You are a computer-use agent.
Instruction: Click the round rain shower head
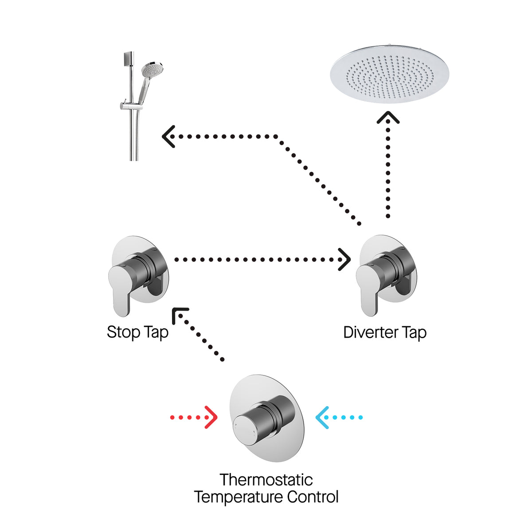pos(389,74)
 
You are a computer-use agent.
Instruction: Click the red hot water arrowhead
pos(211,417)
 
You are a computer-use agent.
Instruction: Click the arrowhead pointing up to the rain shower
pos(388,117)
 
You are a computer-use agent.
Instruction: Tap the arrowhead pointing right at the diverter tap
pos(344,259)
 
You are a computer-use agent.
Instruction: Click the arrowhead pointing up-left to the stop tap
pos(180,315)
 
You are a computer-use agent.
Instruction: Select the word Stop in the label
pos(124,332)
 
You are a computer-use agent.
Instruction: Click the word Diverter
pos(371,332)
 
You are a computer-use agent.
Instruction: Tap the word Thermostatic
pos(266,480)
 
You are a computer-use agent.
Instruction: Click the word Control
pos(313,497)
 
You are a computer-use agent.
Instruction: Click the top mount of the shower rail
pos(129,57)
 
